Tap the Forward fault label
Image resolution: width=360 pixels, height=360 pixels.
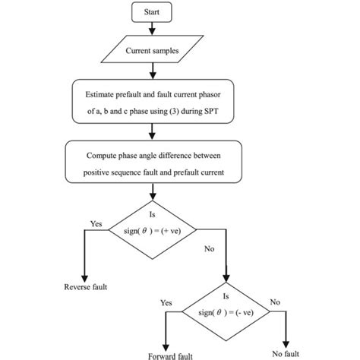[165, 355]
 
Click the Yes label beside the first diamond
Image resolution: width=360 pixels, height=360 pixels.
[96, 224]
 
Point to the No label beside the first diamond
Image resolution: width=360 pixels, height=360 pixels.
[209, 247]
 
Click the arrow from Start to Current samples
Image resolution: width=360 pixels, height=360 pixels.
[153, 29]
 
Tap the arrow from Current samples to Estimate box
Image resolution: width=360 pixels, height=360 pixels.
[153, 72]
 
